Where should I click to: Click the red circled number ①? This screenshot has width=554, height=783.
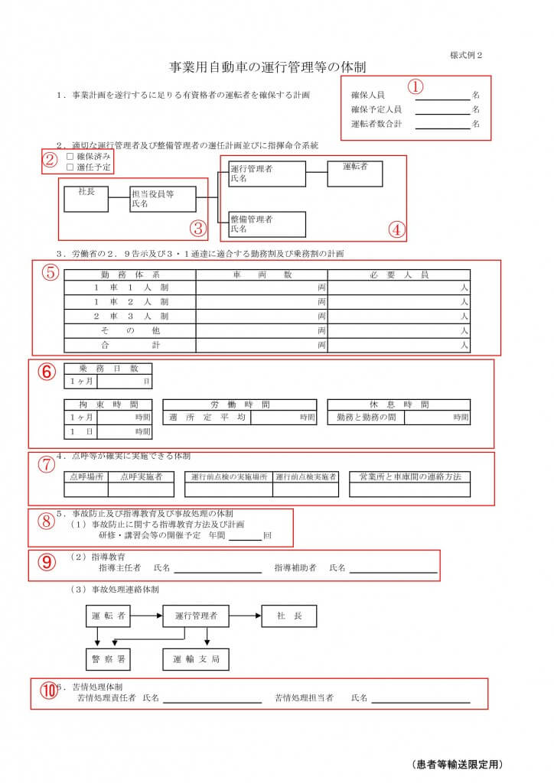[415, 86]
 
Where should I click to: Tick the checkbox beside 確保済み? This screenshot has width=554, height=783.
[70, 156]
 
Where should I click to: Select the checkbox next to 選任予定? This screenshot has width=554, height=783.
[70, 167]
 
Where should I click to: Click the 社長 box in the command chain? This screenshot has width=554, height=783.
[86, 198]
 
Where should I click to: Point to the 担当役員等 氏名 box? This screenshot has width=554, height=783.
[162, 199]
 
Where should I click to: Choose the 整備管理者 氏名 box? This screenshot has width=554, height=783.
[266, 223]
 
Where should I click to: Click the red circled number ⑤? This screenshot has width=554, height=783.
[49, 272]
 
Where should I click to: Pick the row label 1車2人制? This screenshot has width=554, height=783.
[129, 302]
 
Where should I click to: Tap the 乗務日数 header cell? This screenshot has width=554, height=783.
[108, 368]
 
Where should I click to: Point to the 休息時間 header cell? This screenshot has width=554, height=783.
[398, 404]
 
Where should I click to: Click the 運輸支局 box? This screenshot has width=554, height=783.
[195, 658]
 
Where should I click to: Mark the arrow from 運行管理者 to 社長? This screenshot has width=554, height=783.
[245, 616]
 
